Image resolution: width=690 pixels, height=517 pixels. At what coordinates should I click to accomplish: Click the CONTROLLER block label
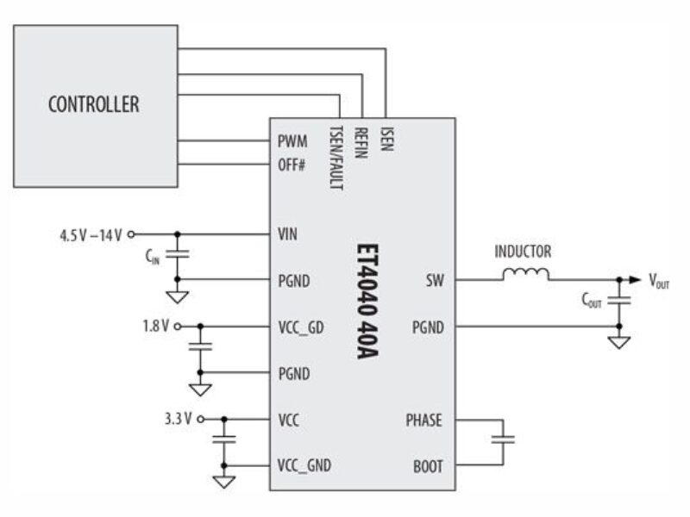pos(93,105)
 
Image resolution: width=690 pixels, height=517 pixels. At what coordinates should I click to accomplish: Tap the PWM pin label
pos(292,140)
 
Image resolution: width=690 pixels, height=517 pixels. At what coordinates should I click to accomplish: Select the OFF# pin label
pos(292,163)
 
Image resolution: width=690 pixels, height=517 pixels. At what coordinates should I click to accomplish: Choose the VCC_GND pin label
pos(304,466)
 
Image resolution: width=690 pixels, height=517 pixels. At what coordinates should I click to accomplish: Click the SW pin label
pos(434,280)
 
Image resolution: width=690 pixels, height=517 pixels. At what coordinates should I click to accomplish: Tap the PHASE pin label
pos(423,420)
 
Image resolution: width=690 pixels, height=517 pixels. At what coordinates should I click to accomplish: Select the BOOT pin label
pos(428,466)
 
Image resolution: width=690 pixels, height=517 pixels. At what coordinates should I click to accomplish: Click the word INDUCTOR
pos(523,252)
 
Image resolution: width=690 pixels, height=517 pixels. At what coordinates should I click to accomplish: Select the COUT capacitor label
pos(592,302)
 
